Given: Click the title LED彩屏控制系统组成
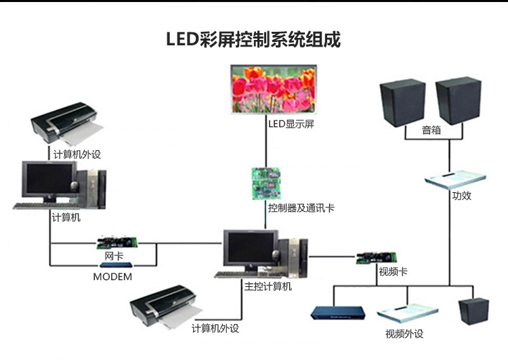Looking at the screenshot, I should pyautogui.click(x=253, y=39).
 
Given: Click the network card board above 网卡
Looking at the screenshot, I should pyautogui.click(x=118, y=242).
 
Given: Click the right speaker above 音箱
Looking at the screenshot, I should pyautogui.click(x=458, y=103).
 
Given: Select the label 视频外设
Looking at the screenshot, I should pyautogui.click(x=404, y=333).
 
